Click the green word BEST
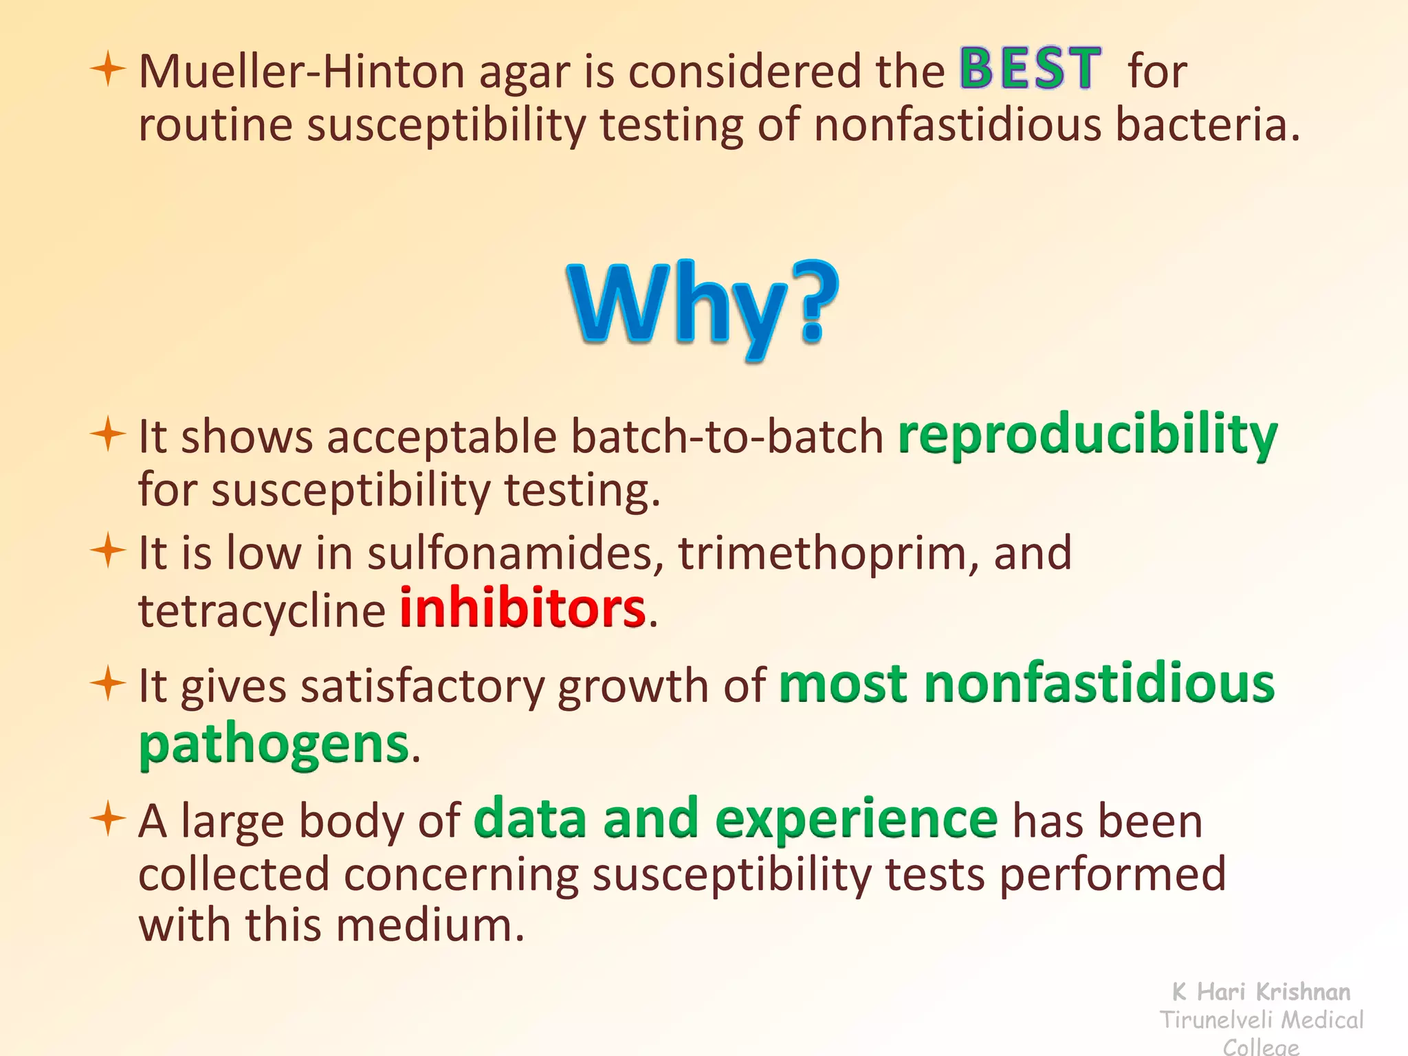[1030, 69]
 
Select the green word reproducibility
[1088, 435]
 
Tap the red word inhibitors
[522, 608]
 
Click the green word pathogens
[274, 745]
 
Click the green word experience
[856, 819]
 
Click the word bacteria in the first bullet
[1207, 125]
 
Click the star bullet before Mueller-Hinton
[108, 69]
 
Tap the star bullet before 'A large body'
[108, 818]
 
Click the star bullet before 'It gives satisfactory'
[108, 683]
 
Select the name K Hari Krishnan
[1261, 991]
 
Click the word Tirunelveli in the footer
[1215, 1020]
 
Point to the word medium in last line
[430, 925]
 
